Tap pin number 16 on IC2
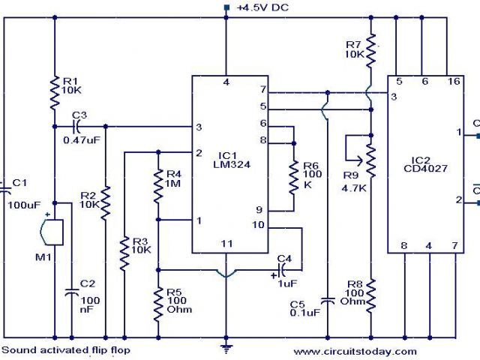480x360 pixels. click(x=454, y=81)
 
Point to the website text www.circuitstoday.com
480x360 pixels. click(x=354, y=351)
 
